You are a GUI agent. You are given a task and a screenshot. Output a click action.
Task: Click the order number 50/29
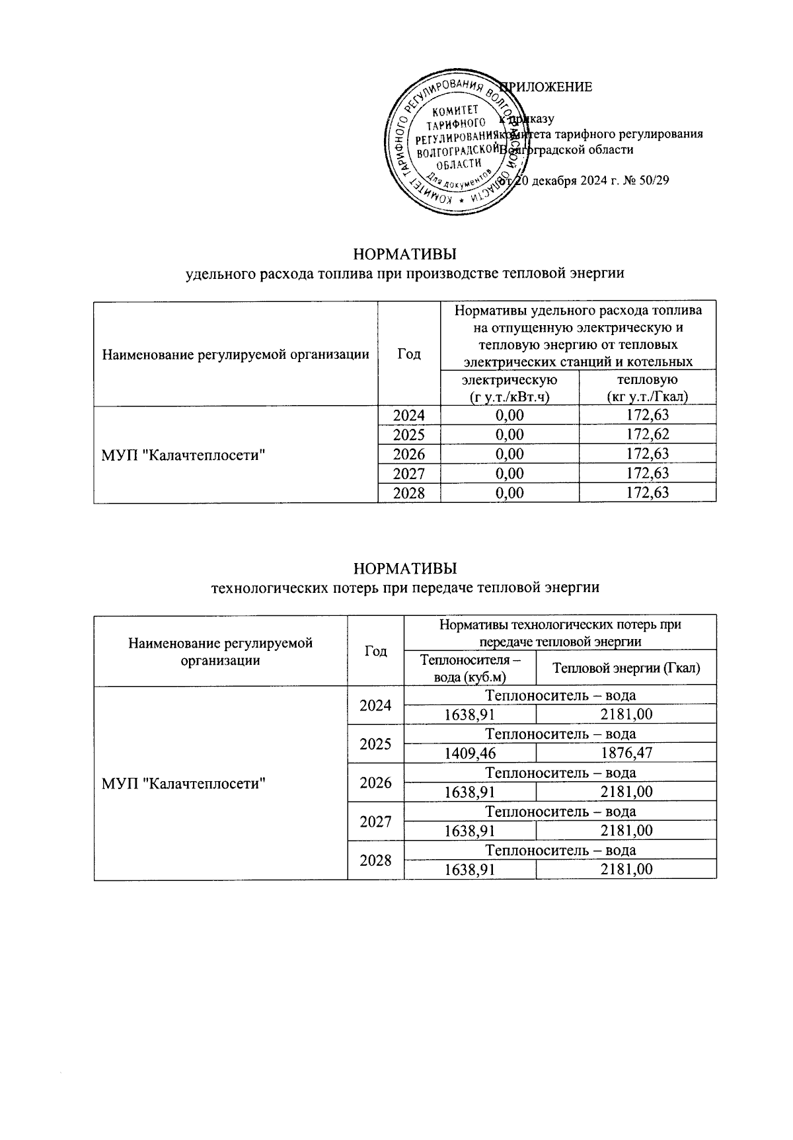click(x=653, y=180)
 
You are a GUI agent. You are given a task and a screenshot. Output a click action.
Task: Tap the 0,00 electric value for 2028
click(x=510, y=493)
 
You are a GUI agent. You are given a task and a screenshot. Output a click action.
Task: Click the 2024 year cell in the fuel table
click(x=408, y=416)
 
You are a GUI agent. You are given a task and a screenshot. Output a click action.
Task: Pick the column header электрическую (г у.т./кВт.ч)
click(x=510, y=388)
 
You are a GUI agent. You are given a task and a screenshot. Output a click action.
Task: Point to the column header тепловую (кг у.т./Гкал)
click(x=647, y=388)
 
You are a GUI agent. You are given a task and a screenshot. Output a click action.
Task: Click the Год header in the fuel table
click(x=408, y=354)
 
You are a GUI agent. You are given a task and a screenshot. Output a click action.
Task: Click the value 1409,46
click(x=470, y=753)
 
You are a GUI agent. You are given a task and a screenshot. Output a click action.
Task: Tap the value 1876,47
click(x=626, y=753)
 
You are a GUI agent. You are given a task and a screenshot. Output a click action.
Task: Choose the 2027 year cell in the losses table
click(x=375, y=821)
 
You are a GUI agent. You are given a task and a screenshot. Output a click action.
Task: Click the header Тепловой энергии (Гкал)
click(x=626, y=668)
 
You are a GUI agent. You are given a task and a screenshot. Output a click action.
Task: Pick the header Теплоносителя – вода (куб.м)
click(x=470, y=668)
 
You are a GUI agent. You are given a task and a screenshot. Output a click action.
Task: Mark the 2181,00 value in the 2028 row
click(x=626, y=869)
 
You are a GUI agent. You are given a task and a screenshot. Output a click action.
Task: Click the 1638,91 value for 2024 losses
click(x=470, y=714)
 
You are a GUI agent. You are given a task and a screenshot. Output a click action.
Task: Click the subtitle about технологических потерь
click(x=404, y=588)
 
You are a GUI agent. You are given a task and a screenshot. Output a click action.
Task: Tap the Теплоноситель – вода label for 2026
click(x=560, y=773)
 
